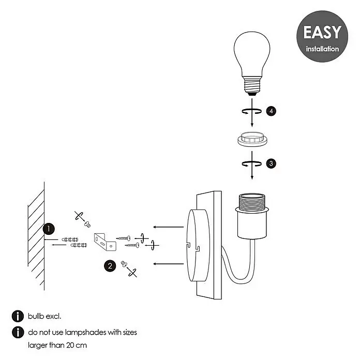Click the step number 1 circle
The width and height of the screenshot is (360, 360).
(x=49, y=229)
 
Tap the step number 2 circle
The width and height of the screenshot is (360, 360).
(x=110, y=266)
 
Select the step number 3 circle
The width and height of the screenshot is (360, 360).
(x=271, y=163)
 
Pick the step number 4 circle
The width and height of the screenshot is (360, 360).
(x=271, y=111)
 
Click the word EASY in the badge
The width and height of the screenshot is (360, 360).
(x=322, y=32)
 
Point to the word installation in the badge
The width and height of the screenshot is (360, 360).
(x=322, y=49)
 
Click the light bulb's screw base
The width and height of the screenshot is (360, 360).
(x=252, y=86)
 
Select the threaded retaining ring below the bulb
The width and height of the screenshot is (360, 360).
(x=252, y=139)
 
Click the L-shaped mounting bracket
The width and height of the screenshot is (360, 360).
(x=105, y=242)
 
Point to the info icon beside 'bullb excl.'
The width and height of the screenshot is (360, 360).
(x=18, y=316)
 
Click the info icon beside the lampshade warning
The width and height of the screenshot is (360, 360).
(x=18, y=332)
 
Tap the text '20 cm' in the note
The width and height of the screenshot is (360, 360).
(x=77, y=345)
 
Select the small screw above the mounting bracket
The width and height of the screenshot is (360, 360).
(x=87, y=224)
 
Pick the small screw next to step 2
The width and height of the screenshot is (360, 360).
(x=124, y=264)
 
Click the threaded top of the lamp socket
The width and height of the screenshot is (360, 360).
(x=252, y=201)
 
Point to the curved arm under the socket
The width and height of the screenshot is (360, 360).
(x=239, y=268)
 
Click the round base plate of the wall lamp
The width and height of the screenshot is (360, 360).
(x=198, y=246)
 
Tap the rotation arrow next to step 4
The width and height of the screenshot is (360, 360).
(x=251, y=111)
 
